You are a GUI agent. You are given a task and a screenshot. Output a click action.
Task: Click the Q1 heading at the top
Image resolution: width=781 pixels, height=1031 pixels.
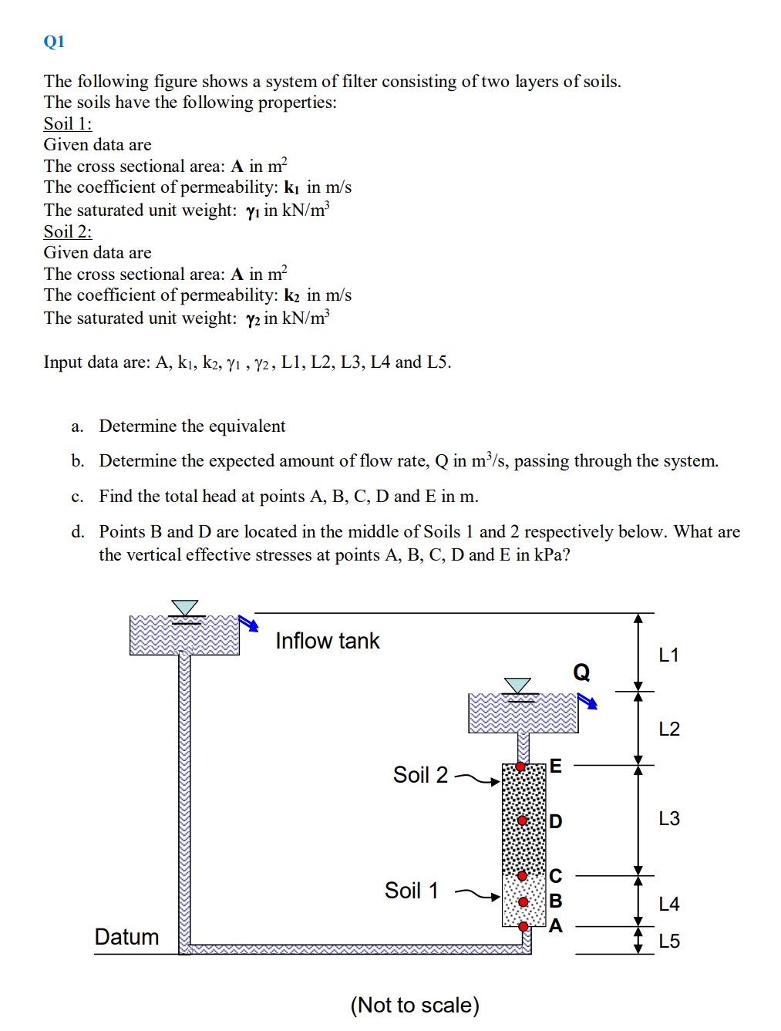54,42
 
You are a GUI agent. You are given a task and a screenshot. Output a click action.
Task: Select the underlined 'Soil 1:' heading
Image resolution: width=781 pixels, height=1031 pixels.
68,124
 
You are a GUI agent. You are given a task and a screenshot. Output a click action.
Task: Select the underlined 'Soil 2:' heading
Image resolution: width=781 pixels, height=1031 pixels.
68,232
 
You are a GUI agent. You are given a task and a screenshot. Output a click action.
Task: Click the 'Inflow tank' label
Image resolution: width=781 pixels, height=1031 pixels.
328,642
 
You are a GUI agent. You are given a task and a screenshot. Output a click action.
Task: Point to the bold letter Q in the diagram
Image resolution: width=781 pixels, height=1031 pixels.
581,672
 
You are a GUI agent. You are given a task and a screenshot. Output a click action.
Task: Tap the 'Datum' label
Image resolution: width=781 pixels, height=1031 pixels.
126,937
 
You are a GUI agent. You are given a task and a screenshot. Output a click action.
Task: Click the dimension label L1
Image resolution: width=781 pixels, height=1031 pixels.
668,655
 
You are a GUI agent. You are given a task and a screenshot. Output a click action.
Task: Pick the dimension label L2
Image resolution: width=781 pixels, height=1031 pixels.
669,729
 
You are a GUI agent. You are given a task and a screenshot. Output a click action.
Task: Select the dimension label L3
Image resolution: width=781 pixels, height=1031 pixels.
669,819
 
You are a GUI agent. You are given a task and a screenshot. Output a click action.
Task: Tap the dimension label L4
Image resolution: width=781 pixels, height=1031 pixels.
669,905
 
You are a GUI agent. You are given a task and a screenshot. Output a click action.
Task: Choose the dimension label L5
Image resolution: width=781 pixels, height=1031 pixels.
669,942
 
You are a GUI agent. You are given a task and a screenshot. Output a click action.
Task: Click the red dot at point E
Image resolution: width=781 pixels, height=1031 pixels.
520,767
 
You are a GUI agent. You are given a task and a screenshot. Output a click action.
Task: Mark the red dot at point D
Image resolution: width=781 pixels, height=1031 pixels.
522,820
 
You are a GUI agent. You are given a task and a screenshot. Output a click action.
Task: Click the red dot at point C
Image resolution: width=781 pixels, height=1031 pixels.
522,876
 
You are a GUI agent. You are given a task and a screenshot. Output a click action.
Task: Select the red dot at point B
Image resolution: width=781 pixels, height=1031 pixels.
523,901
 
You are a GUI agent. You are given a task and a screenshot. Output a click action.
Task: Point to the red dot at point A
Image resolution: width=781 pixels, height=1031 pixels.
523,926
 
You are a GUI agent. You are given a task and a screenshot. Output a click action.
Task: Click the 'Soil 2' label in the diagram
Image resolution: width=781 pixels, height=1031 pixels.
420,775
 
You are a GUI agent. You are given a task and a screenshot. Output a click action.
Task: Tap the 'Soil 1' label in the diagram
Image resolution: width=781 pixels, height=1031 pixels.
412,891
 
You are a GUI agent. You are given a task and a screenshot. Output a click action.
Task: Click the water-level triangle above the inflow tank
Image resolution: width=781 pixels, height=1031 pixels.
184,608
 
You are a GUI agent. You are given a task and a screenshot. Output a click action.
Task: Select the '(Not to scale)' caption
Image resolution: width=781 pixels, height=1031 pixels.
415,1006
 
